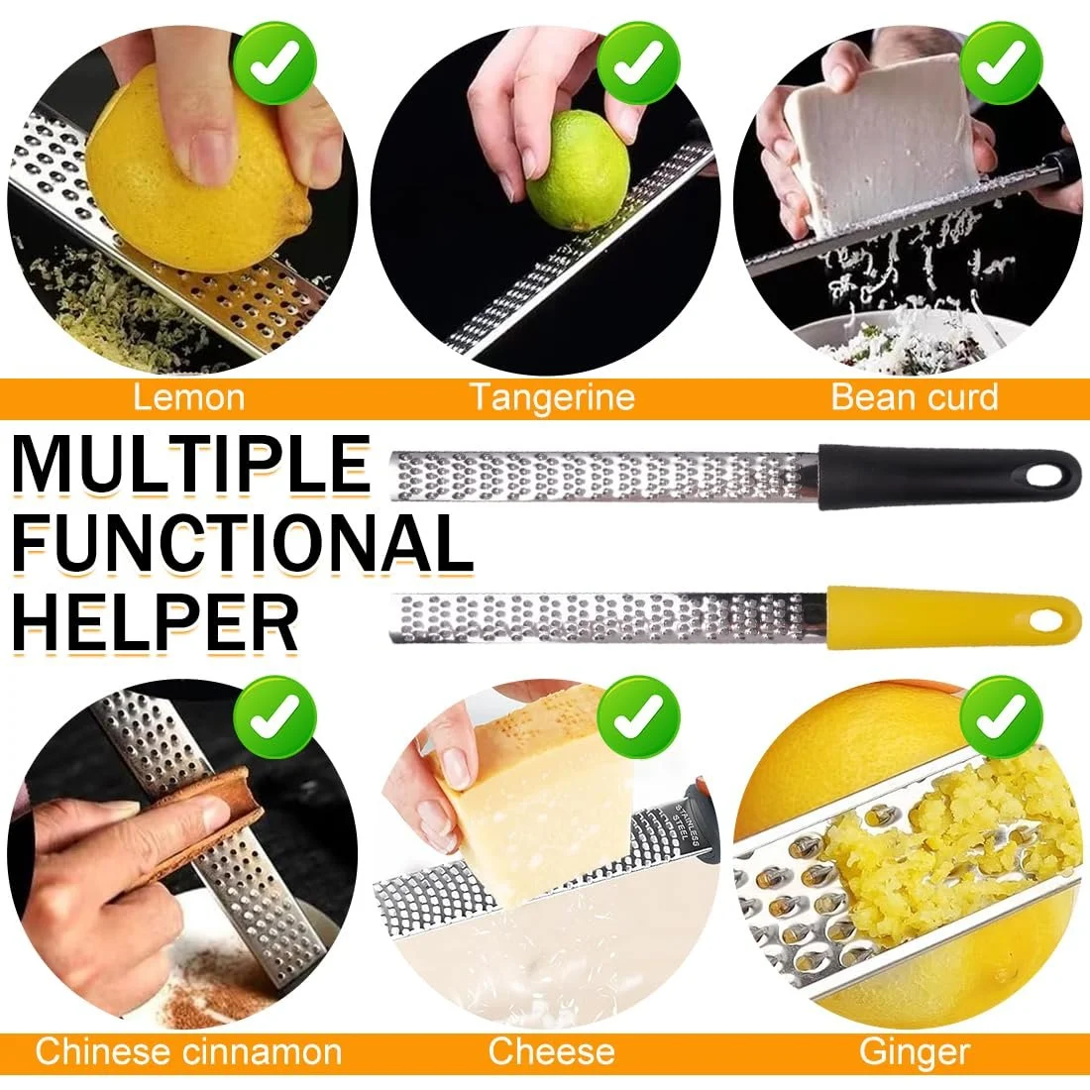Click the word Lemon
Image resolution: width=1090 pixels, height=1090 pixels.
188,397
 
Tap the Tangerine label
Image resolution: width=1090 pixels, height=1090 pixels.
553,397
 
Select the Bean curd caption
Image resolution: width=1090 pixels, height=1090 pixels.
915,397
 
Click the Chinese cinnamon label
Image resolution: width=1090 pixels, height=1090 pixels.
188,1051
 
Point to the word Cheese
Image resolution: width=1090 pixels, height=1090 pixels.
551,1051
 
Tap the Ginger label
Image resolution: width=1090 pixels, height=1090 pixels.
915,1052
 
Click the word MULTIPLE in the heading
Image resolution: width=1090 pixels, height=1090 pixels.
191,465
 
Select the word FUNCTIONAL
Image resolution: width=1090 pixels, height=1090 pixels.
243,543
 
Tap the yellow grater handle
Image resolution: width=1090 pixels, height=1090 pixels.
953,618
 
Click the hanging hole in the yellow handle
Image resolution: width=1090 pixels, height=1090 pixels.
1046,620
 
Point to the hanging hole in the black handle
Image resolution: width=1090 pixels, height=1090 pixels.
1045,477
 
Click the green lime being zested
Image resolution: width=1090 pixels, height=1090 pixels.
577,170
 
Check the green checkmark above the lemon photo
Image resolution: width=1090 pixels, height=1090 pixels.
274,62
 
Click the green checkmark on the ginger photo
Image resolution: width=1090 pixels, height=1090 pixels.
1001,716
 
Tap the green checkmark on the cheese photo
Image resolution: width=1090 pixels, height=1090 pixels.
638,716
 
